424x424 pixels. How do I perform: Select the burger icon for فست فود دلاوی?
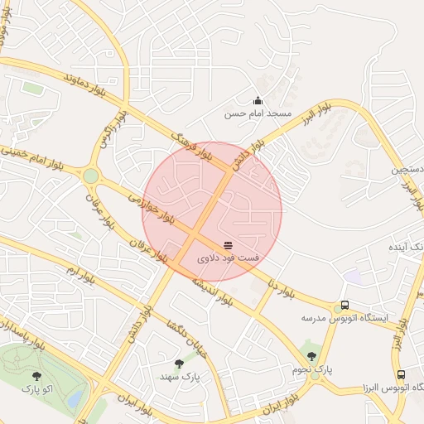pyautogui.click(x=228, y=245)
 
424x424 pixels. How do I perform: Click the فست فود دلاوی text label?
pyautogui.click(x=228, y=258)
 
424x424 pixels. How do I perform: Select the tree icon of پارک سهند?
pyautogui.click(x=179, y=363)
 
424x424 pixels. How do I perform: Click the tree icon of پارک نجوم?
pyautogui.click(x=311, y=356)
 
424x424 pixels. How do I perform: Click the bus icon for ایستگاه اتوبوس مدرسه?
pyautogui.click(x=344, y=305)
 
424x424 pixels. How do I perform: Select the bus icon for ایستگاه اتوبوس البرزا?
pyautogui.click(x=401, y=374)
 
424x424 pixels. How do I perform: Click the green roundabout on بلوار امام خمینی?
pyautogui.click(x=90, y=176)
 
